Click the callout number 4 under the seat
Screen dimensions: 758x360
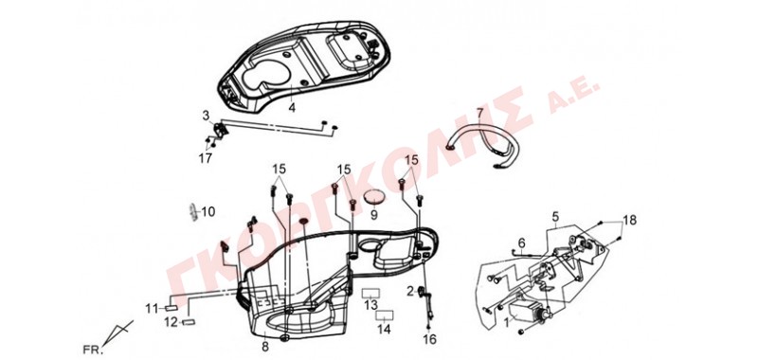pyautogui.click(x=292, y=107)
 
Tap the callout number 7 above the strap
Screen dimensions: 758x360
pyautogui.click(x=479, y=114)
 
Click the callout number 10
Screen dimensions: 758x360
pyautogui.click(x=208, y=211)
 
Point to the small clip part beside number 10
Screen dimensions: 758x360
pyautogui.click(x=194, y=212)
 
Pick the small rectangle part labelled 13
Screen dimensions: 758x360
pyautogui.click(x=370, y=293)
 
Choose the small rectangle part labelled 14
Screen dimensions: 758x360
pyautogui.click(x=385, y=315)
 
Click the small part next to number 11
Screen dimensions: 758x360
pyautogui.click(x=171, y=307)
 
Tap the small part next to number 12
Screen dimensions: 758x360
pyautogui.click(x=189, y=322)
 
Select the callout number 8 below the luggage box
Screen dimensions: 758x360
pyautogui.click(x=264, y=347)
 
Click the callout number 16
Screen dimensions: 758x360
pyautogui.click(x=429, y=339)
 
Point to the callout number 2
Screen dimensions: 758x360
pyautogui.click(x=410, y=291)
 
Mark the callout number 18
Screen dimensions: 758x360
pyautogui.click(x=629, y=221)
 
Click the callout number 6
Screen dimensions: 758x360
pyautogui.click(x=521, y=243)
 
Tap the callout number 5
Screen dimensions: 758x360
pyautogui.click(x=555, y=215)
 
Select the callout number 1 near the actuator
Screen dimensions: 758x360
pyautogui.click(x=507, y=320)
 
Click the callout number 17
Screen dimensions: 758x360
pyautogui.click(x=205, y=158)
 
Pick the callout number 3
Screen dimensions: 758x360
pyautogui.click(x=206, y=116)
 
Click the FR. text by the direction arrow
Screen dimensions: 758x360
pyautogui.click(x=93, y=350)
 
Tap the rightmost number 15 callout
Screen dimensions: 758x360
pyautogui.click(x=411, y=160)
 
